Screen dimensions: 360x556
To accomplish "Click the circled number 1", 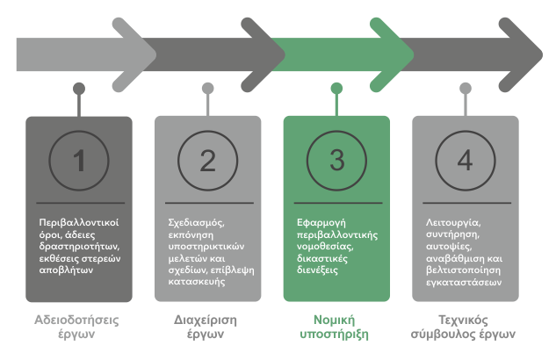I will click(x=79, y=161).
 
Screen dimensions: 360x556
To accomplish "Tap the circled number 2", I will click(x=207, y=161).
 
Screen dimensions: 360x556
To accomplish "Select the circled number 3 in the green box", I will click(x=336, y=161).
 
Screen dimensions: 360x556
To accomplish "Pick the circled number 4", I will click(x=465, y=161).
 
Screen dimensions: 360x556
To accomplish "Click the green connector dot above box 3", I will click(x=336, y=88).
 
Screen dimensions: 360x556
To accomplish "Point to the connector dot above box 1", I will click(x=79, y=88).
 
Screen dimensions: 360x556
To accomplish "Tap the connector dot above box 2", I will click(x=207, y=88).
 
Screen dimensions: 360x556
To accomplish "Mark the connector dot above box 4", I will click(x=465, y=88).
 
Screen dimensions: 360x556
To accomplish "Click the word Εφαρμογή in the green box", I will click(x=320, y=223).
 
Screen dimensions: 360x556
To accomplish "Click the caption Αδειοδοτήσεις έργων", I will click(x=79, y=326).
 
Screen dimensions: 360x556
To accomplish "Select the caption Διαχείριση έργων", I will click(x=207, y=326).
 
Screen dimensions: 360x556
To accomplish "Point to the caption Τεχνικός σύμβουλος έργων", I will click(x=465, y=326).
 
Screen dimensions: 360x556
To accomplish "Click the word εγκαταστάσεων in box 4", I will click(x=464, y=271).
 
